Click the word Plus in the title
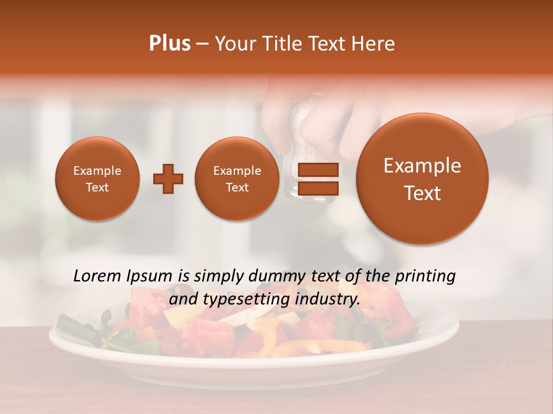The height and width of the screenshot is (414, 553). click(169, 44)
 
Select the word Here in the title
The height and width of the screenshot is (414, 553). click(374, 44)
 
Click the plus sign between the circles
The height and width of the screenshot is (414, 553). click(168, 179)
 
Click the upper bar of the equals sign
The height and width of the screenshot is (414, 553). click(317, 170)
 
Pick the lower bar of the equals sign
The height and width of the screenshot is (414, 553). click(317, 189)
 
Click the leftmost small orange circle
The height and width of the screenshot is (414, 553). click(97, 179)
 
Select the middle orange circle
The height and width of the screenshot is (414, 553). click(237, 179)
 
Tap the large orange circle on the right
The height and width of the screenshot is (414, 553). click(422, 179)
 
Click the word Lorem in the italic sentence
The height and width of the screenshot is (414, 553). click(96, 277)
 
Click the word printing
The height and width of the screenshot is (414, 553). click(424, 277)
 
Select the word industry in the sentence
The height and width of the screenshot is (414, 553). click(327, 300)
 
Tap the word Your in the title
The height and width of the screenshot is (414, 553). click(233, 44)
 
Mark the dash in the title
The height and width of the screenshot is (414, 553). click(202, 44)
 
